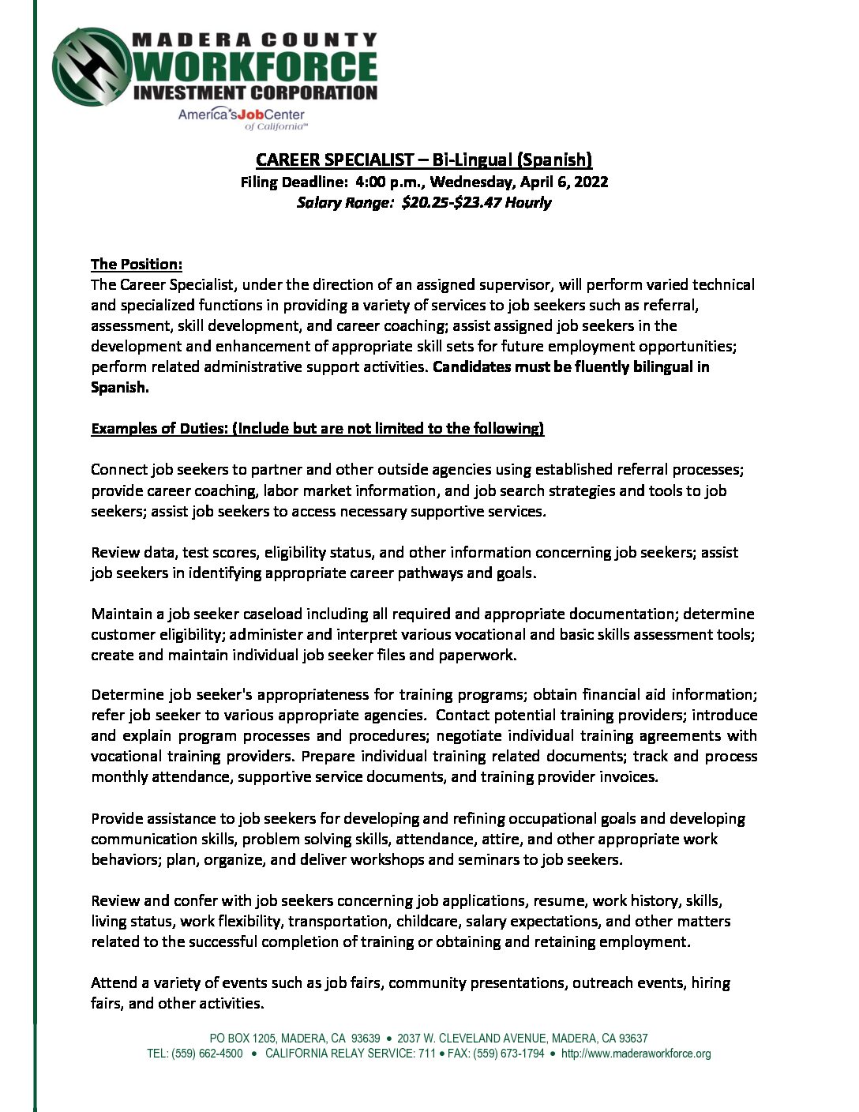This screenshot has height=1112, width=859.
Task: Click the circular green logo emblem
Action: [x=92, y=66]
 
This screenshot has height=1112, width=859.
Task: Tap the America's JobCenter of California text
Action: [x=242, y=117]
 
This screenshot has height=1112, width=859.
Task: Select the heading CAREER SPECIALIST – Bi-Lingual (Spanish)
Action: [x=424, y=160]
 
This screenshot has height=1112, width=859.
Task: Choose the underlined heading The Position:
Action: [x=137, y=264]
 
